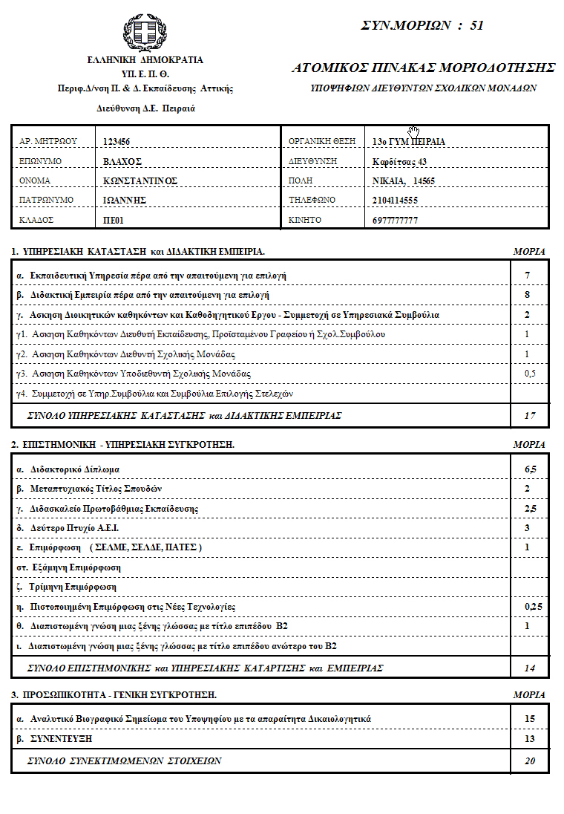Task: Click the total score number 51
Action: click(476, 25)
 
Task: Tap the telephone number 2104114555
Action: click(395, 201)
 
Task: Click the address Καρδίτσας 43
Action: click(400, 161)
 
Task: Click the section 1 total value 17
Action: click(529, 416)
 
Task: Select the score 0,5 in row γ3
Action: click(529, 373)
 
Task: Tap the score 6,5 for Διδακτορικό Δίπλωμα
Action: click(529, 469)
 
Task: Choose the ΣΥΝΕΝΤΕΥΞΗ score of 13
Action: click(529, 739)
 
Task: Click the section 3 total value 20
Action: click(529, 761)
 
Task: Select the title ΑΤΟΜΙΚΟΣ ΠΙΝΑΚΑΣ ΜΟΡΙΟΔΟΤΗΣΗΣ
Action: click(424, 68)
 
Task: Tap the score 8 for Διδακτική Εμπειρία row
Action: click(527, 295)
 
